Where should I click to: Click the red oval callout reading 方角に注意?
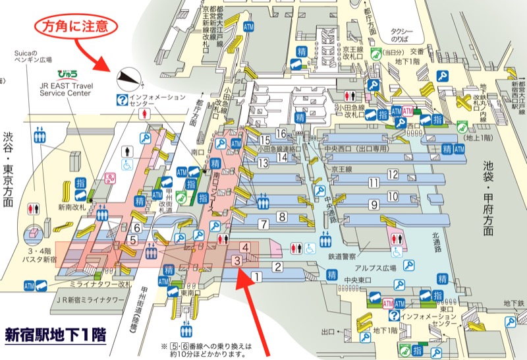[x=78, y=26]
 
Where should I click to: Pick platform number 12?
[x=393, y=175]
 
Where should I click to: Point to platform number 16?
[x=281, y=134]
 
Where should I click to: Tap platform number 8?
[x=282, y=216]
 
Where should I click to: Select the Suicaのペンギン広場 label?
[x=32, y=56]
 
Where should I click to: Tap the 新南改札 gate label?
[x=69, y=207]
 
